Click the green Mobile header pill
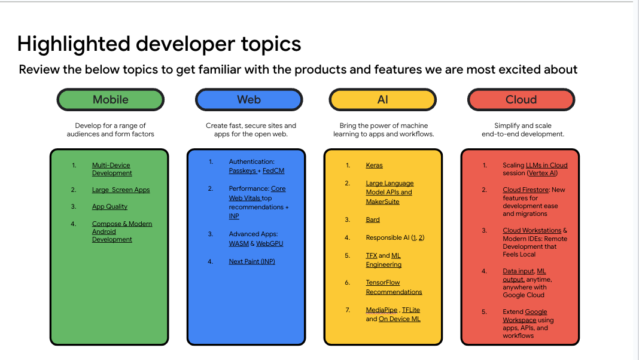110,100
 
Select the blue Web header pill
248,100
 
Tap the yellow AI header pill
383,100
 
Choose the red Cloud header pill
521,100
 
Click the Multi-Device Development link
111,169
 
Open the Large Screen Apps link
121,190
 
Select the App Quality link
109,207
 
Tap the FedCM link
273,171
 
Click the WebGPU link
270,244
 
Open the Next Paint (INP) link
252,262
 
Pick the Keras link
374,166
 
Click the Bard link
373,220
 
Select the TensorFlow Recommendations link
394,288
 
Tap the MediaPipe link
382,310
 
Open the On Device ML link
400,319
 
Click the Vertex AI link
542,173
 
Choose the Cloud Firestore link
525,190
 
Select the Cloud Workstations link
532,231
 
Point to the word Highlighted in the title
73,44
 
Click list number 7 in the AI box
347,310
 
